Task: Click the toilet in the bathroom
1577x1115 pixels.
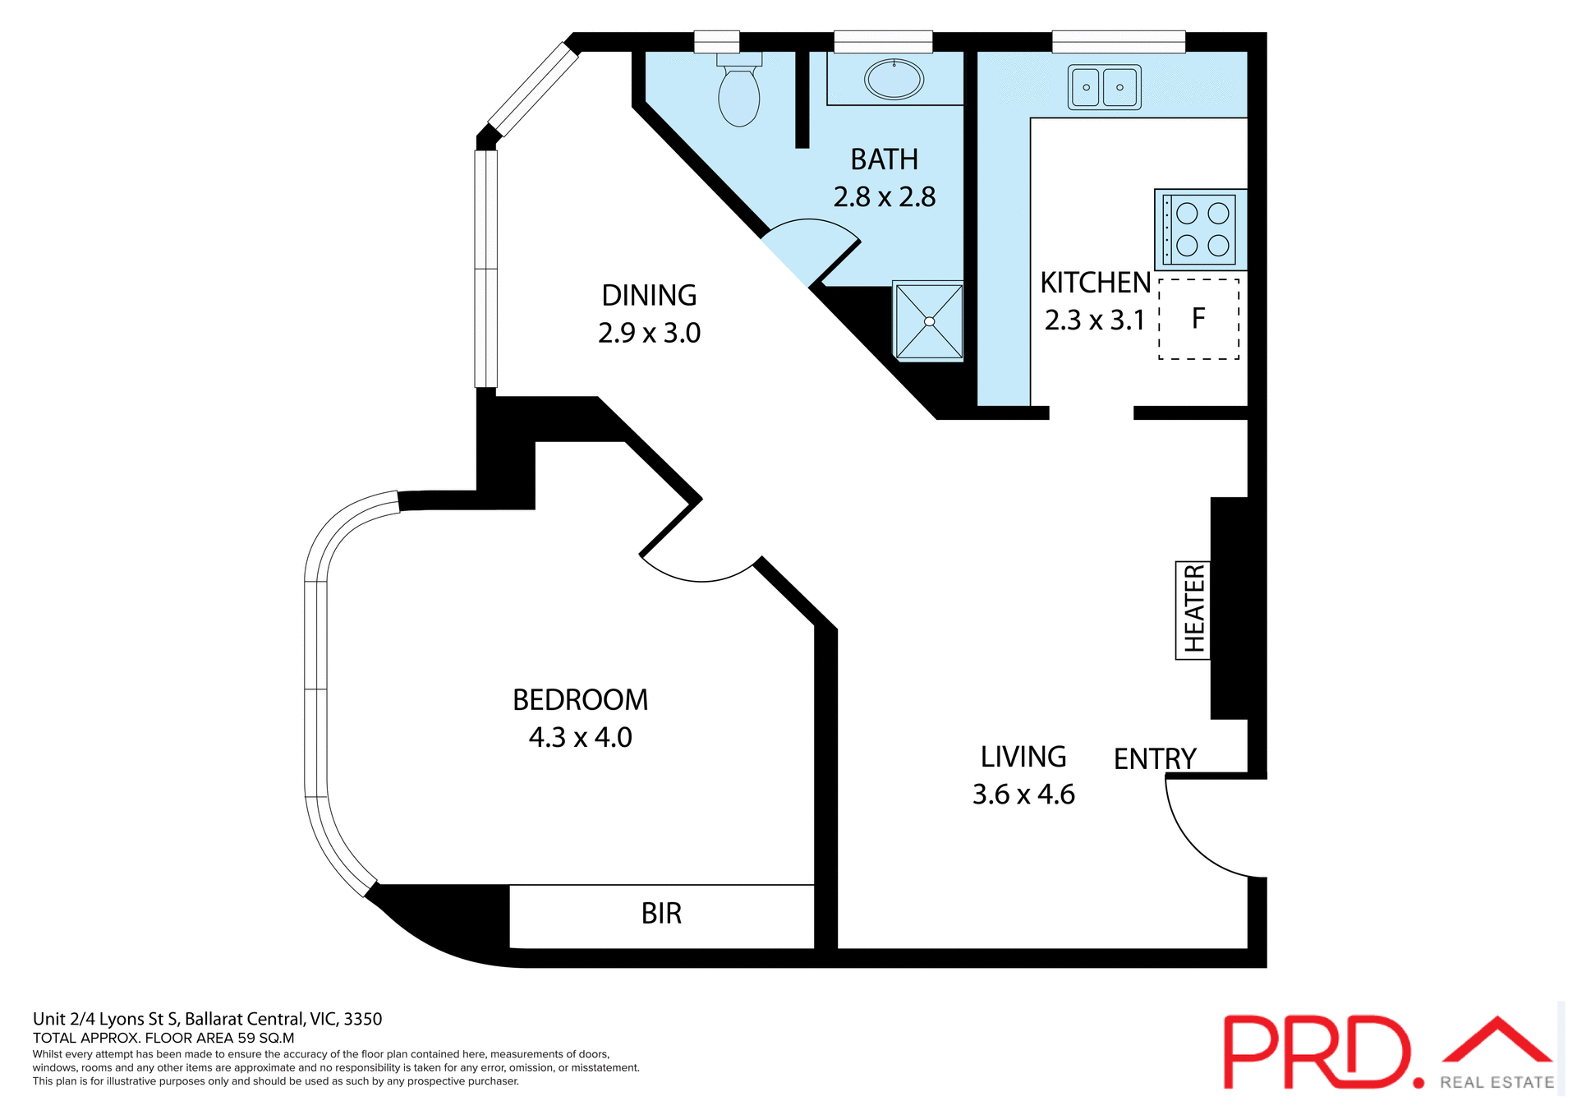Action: coord(738,94)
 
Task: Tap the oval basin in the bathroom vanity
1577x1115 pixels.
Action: coord(894,80)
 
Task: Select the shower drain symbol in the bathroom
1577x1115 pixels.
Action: coord(929,321)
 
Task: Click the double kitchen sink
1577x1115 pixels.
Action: coord(1104,87)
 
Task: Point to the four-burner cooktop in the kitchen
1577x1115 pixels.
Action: coord(1202,229)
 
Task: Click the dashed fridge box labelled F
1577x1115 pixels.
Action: coord(1198,319)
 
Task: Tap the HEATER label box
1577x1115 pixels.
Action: coord(1193,610)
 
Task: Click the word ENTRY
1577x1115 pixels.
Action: coord(1154,758)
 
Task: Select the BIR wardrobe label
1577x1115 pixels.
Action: coord(661,914)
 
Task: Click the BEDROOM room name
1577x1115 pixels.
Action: coord(580,700)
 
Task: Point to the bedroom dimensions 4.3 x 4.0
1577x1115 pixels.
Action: coord(580,738)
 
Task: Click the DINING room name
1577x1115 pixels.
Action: coord(649,296)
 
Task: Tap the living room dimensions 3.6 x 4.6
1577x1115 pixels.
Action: coord(1023,795)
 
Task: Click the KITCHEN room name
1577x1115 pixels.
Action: coord(1095,283)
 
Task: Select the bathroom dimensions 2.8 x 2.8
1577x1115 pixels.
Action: coord(885,197)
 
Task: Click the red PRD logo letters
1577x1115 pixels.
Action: coord(1314,1052)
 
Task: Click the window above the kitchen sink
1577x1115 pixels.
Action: coord(1118,41)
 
